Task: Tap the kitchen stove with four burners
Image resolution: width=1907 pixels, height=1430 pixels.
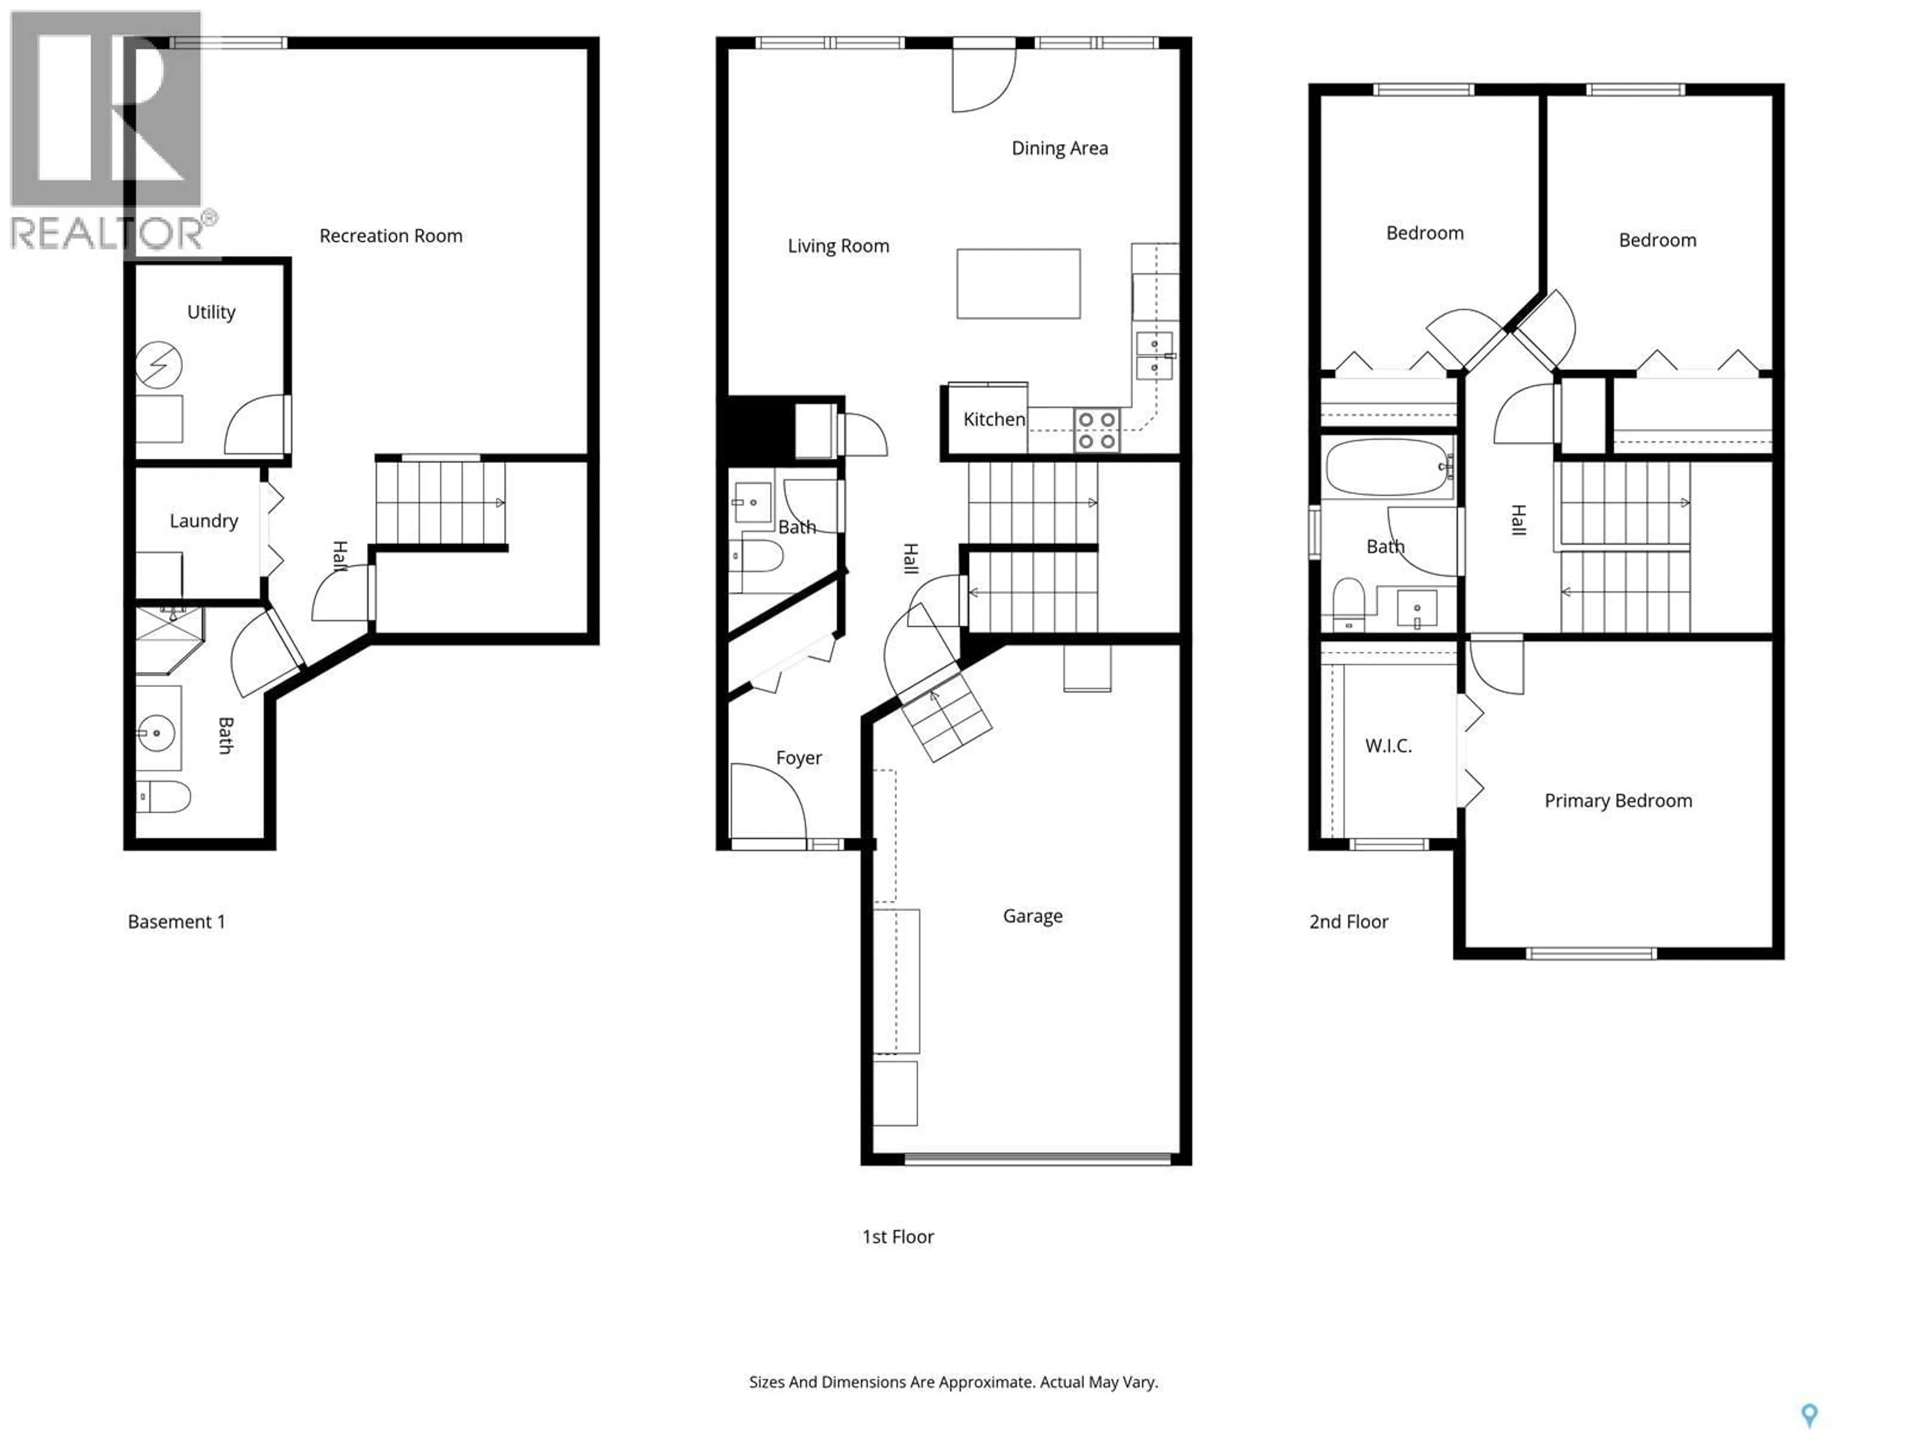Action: (1096, 430)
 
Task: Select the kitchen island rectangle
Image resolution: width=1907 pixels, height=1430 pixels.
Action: (1018, 284)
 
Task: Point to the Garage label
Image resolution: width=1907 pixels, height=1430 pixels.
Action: (1032, 916)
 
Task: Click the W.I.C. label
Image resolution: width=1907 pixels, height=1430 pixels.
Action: (1388, 746)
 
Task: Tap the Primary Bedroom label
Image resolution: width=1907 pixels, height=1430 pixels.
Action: (1617, 801)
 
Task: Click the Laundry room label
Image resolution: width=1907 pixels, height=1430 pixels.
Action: (204, 521)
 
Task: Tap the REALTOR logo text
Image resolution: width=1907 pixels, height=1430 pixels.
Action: (108, 233)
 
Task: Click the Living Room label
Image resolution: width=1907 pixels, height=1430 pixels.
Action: (838, 246)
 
